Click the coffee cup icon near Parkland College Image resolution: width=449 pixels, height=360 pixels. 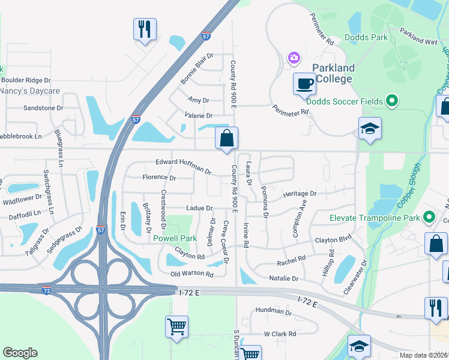point(305,83)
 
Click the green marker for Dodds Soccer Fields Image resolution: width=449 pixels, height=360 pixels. point(392,101)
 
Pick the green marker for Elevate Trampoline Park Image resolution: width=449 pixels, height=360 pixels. point(429,217)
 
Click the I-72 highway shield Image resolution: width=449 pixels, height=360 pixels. point(47,290)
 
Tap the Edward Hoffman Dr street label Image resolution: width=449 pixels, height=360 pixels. point(184,167)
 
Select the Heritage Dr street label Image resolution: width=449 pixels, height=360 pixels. point(300,194)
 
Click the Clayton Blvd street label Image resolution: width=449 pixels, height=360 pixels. point(333,240)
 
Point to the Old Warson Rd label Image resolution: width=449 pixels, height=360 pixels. point(192,274)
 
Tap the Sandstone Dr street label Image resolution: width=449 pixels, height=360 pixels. point(43,108)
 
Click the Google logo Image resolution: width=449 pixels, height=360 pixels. point(20,353)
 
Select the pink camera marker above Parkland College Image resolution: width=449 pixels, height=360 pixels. point(294,58)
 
